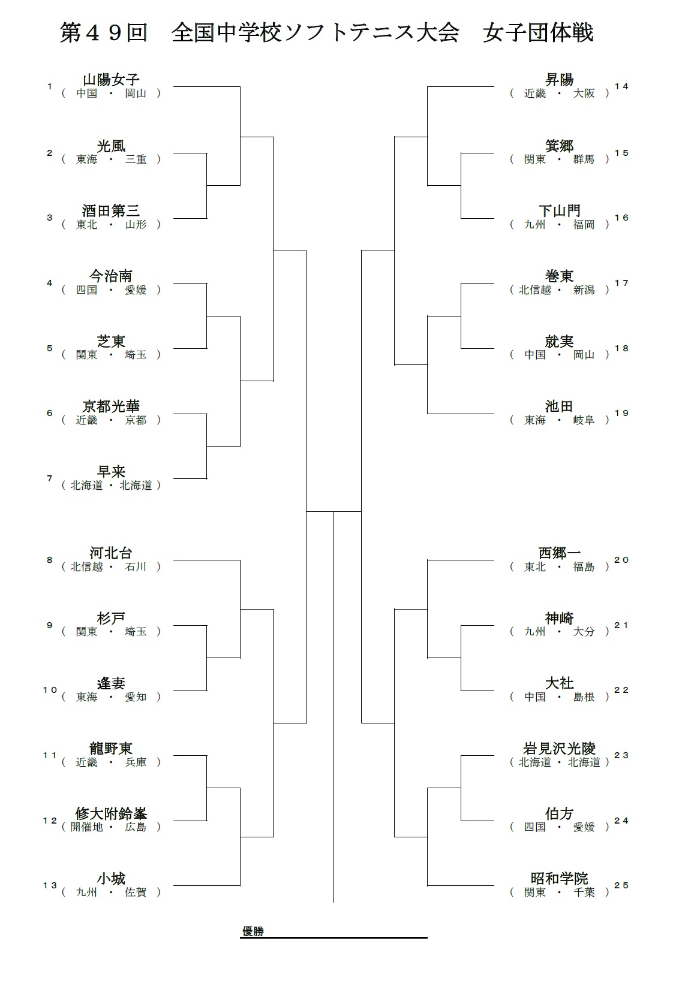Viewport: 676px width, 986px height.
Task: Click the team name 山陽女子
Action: [x=111, y=80]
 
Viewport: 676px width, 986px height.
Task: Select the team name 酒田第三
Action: [x=111, y=211]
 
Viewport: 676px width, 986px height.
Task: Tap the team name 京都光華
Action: [x=111, y=406]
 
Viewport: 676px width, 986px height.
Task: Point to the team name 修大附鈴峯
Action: [x=111, y=813]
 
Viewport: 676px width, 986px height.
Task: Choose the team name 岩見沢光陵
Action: [x=559, y=748]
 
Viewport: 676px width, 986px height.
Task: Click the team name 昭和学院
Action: [x=559, y=878]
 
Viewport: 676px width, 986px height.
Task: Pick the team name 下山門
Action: [x=559, y=211]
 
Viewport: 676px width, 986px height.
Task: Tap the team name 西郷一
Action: [x=559, y=553]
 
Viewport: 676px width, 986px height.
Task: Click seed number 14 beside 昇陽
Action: [x=621, y=86]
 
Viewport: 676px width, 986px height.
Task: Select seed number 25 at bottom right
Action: [x=621, y=885]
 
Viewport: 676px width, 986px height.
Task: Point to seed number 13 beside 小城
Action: [x=50, y=885]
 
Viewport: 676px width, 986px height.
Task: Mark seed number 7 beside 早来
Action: [x=50, y=478]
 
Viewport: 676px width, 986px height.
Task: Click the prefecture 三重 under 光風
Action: [x=136, y=159]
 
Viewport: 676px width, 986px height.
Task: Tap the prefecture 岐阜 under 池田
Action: [x=584, y=420]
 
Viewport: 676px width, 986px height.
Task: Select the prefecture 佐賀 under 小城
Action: [x=136, y=892]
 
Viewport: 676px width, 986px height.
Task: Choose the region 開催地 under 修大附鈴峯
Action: [x=87, y=827]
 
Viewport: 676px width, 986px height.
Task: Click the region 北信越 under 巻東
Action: [x=535, y=290]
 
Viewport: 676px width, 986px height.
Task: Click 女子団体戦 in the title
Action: [x=538, y=33]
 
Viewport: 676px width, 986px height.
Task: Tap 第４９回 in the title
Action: [x=104, y=33]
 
